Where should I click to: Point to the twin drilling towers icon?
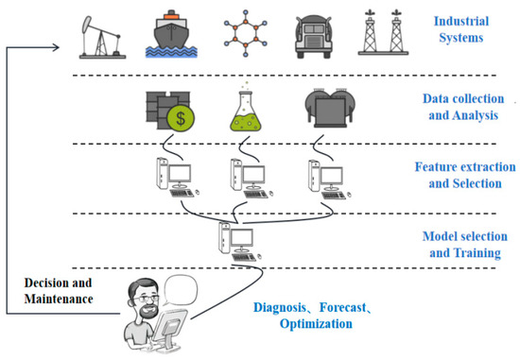pyautogui.click(x=383, y=35)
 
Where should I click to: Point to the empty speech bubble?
pyautogui.click(x=186, y=288)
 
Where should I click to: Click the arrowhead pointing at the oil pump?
pyautogui.click(x=76, y=47)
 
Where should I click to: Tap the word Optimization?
pyautogui.click(x=317, y=322)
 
